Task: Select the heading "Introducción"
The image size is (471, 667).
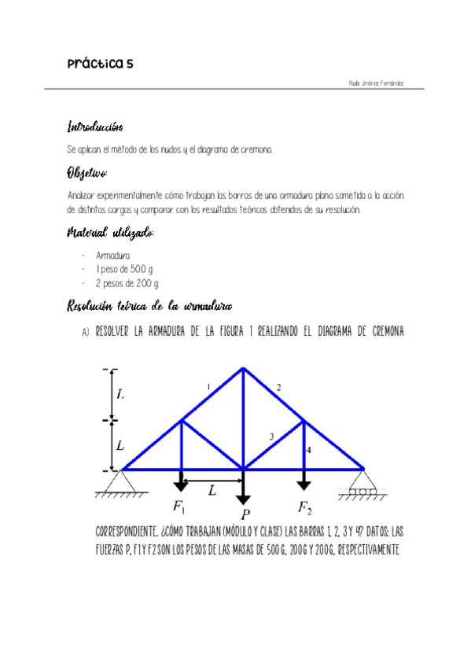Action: pos(95,127)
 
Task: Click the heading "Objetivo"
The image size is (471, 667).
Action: pos(86,172)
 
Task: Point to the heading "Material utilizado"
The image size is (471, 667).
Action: pos(110,233)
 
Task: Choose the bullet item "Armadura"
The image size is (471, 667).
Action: pos(113,256)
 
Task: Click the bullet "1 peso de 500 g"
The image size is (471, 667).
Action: pos(124,269)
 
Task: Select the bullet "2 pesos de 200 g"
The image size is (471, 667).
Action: pos(127,283)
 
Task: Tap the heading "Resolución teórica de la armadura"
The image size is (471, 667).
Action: pos(149,306)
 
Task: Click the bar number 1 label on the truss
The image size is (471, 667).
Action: pos(208,386)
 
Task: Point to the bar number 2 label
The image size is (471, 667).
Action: pos(278,386)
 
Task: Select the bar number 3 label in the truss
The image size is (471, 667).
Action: pos(270,437)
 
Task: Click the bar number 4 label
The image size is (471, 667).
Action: pos(309,451)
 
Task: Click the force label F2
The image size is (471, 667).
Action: pos(305,505)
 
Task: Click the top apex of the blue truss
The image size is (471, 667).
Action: pos(243,368)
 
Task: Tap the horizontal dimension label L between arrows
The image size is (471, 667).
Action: pos(212,489)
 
